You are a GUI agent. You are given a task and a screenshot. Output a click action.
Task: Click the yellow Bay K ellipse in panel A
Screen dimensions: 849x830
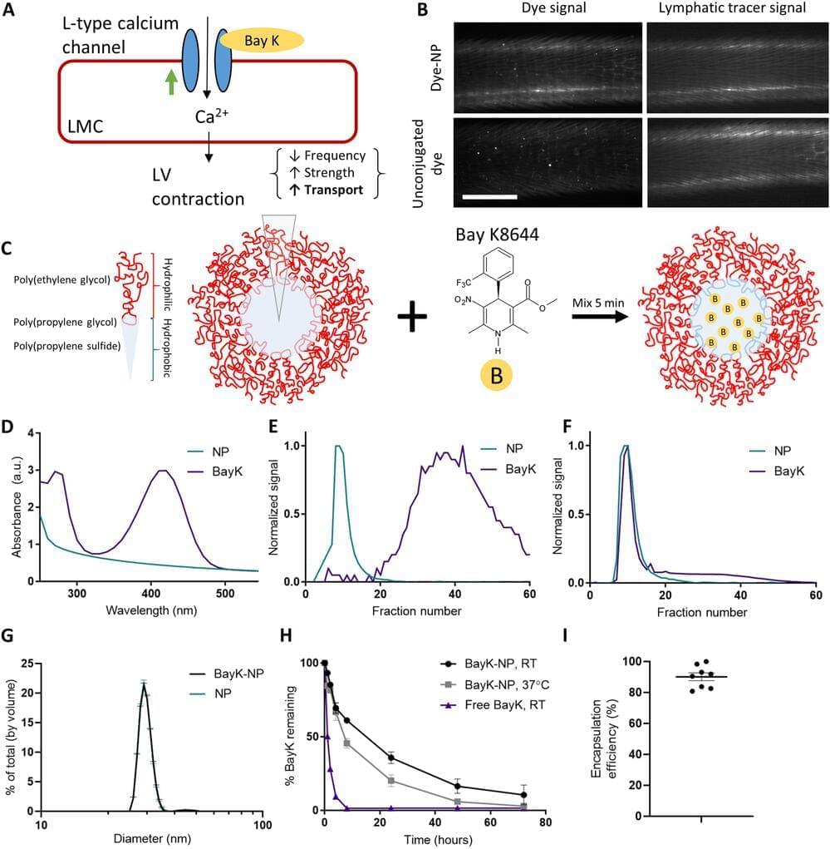coord(261,40)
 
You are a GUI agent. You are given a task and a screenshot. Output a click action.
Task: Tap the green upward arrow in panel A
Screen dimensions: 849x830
coord(171,81)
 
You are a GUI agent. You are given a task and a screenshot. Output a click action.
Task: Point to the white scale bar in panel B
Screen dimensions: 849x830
coord(490,197)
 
